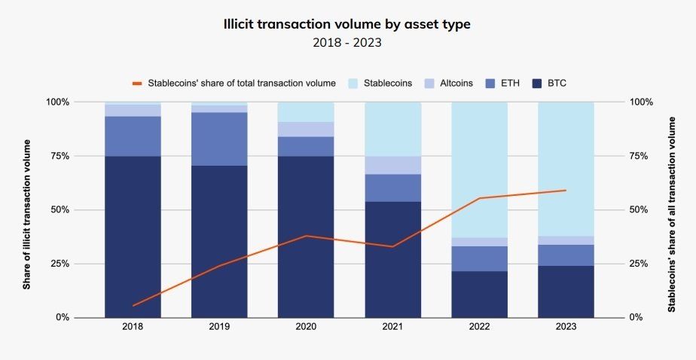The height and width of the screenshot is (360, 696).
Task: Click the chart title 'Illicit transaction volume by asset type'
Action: click(x=347, y=24)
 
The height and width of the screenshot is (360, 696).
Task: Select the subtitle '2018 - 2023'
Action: click(x=347, y=42)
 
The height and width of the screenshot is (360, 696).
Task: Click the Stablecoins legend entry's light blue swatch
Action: click(x=353, y=83)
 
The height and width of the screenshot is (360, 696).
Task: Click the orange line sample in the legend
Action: click(x=137, y=83)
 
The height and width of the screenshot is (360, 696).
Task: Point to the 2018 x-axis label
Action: click(x=133, y=327)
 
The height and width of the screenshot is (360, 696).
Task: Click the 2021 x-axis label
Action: click(x=392, y=327)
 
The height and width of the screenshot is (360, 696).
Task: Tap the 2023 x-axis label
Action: click(x=566, y=327)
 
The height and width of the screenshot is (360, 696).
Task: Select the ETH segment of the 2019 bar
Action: click(x=219, y=139)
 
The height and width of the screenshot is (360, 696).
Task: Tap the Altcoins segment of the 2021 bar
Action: click(x=392, y=165)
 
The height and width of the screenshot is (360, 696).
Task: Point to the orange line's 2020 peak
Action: click(x=306, y=236)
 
